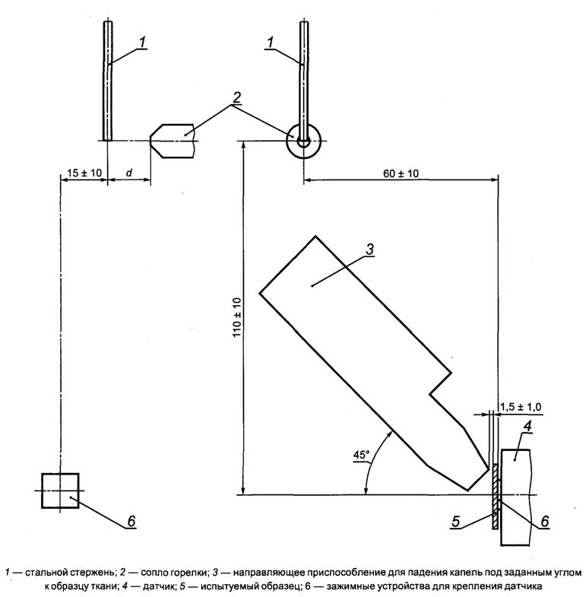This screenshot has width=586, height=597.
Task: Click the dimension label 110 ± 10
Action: point(236,317)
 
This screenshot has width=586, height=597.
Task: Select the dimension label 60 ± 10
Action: point(401,173)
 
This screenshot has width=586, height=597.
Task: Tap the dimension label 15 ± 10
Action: point(84,173)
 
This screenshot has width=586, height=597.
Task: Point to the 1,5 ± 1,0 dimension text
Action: point(521,407)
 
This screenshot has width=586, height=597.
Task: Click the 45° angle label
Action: point(361,455)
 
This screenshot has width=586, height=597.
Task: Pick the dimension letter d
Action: point(129,173)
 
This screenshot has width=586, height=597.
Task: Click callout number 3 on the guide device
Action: point(369,249)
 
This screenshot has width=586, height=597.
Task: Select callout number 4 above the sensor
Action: point(527,427)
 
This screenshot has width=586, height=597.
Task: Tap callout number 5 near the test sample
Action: point(456,522)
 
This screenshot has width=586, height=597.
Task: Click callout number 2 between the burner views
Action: point(236,98)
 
